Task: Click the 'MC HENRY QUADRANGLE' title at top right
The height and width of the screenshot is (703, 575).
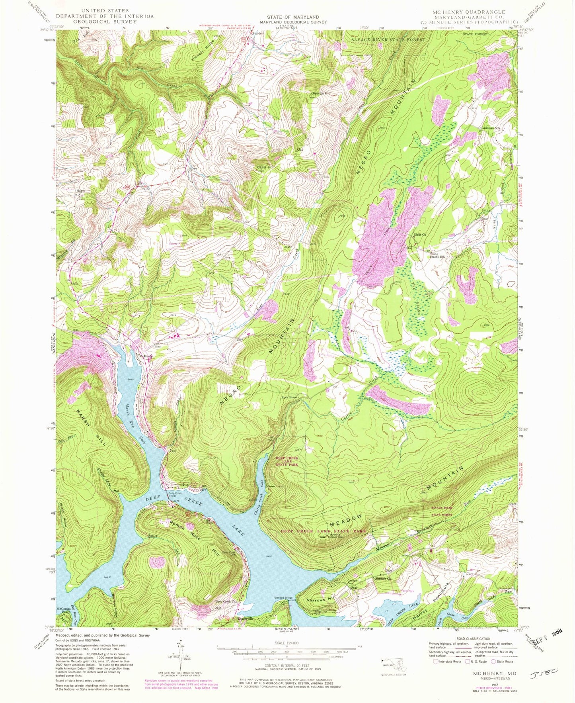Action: (466, 12)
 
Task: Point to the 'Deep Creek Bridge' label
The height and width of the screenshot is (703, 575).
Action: (175, 495)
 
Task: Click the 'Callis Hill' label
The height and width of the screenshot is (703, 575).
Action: (265, 167)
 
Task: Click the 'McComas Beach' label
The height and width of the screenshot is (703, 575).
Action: (64, 610)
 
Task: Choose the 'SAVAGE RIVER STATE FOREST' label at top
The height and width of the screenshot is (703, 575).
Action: (388, 40)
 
